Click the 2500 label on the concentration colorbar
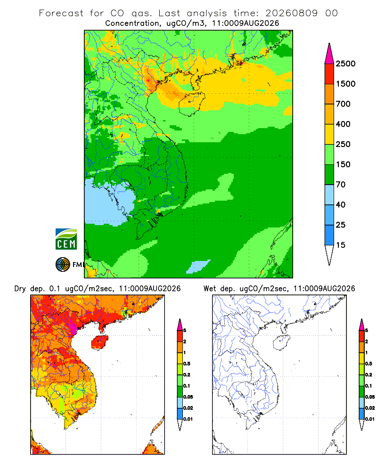(345, 64)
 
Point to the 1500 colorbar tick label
(345, 84)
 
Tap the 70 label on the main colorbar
(341, 185)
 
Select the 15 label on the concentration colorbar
(341, 245)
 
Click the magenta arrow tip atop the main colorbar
(329, 54)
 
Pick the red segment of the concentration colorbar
(329, 74)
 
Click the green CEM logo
(66, 239)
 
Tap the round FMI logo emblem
(63, 265)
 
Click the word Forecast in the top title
(61, 13)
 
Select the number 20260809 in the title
(291, 13)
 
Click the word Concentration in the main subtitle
(132, 23)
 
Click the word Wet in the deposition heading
(210, 289)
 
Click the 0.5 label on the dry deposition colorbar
(187, 364)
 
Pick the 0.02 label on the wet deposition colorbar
(370, 408)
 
